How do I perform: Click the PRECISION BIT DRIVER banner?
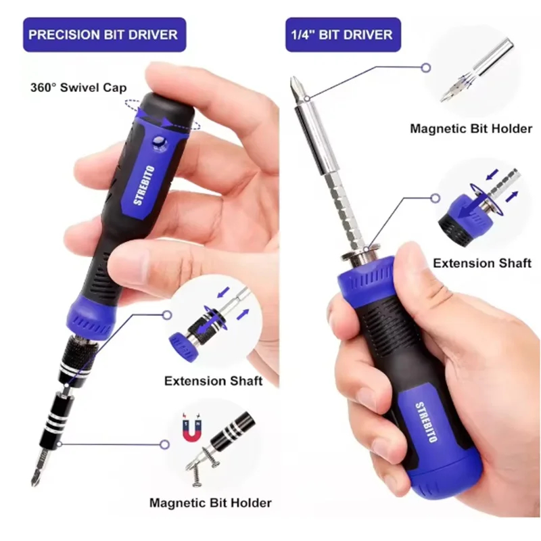coord(105,35)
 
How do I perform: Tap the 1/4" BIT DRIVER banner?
coord(343,35)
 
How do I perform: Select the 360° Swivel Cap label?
coord(78,87)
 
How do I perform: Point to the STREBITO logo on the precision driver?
coord(144,185)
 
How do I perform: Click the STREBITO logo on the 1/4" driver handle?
coord(426,422)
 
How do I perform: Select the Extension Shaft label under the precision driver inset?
coord(213,381)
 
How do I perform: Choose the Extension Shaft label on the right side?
coord(482,263)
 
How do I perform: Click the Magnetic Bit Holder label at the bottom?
coord(210,502)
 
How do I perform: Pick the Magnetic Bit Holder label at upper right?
coord(471,128)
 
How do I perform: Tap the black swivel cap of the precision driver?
coord(166,110)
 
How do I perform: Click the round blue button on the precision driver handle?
coord(159,142)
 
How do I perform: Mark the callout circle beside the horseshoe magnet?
coord(165,444)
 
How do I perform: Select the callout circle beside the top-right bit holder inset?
coord(427,68)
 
